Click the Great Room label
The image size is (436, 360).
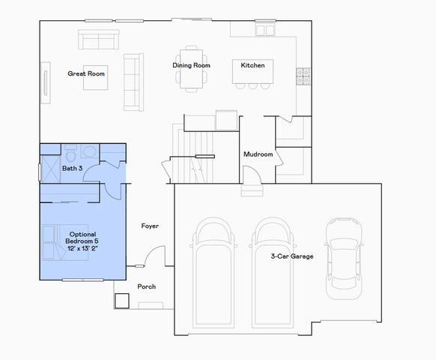click(x=86, y=73)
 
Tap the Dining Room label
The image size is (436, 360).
click(x=191, y=65)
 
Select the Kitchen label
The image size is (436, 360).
click(x=252, y=65)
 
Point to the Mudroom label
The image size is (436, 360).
click(x=258, y=154)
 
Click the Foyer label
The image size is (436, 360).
click(x=150, y=226)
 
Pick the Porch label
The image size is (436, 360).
click(x=146, y=286)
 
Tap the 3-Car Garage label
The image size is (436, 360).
click(x=292, y=256)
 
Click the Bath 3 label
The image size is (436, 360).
click(x=72, y=169)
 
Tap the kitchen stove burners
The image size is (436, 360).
click(x=303, y=76)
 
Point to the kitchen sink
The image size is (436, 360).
click(x=265, y=30)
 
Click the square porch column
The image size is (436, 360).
click(x=122, y=300)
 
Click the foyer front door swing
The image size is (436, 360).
click(x=154, y=259)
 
